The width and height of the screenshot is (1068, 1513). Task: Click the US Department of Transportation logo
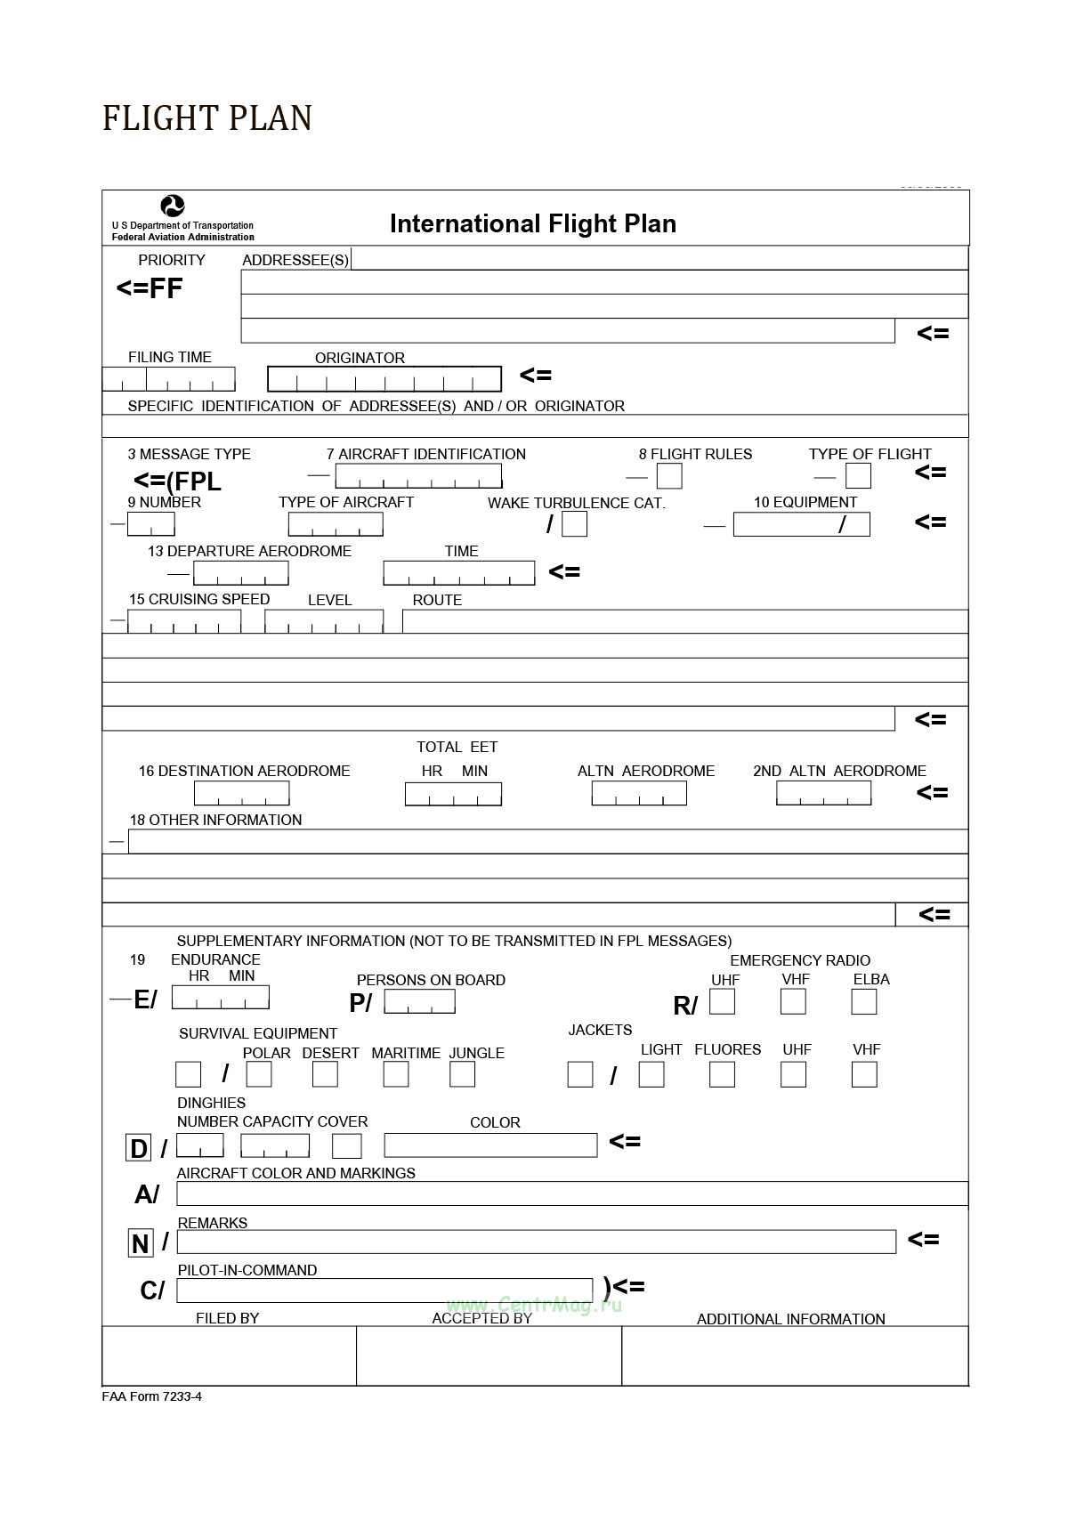(173, 206)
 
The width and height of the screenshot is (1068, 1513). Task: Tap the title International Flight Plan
(532, 223)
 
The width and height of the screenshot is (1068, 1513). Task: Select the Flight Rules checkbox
(669, 476)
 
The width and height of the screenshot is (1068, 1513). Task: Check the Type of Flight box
(858, 476)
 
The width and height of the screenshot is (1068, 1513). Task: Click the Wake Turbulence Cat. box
(575, 524)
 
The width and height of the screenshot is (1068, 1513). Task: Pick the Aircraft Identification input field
(418, 476)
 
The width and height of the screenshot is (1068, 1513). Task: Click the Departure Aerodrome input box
(241, 573)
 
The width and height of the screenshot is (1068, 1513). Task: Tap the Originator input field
(384, 379)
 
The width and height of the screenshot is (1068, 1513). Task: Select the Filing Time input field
(169, 379)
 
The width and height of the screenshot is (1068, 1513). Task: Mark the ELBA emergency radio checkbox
(863, 1002)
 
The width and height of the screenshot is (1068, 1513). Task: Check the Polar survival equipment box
(259, 1074)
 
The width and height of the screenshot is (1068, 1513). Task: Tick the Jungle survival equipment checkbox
(462, 1074)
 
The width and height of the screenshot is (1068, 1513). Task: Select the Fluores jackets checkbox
(722, 1074)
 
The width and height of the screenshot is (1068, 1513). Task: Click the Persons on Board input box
(419, 1002)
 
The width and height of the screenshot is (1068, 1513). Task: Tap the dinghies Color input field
(490, 1145)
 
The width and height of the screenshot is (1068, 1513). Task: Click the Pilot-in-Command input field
(384, 1290)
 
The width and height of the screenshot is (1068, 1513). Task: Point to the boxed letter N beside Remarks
(140, 1243)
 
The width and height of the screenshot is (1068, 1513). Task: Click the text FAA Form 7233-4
(151, 1396)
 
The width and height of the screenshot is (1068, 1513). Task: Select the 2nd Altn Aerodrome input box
(823, 793)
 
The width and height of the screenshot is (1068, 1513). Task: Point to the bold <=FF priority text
(150, 288)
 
